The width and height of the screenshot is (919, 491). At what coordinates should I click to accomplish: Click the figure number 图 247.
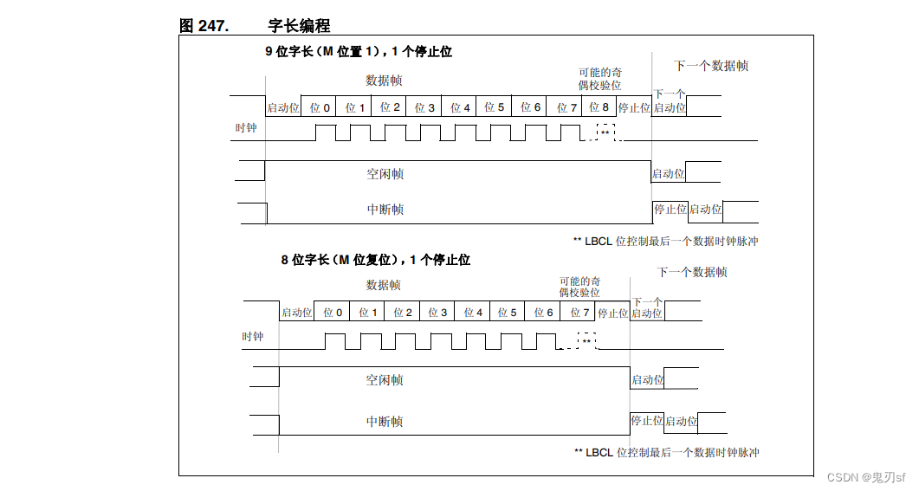(204, 26)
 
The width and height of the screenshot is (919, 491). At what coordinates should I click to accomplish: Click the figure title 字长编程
(299, 26)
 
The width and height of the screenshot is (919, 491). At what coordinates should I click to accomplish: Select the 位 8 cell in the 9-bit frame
(599, 107)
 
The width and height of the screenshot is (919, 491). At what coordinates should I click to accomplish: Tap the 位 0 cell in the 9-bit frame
(320, 107)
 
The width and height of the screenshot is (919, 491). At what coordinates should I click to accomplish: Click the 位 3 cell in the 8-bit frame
(438, 313)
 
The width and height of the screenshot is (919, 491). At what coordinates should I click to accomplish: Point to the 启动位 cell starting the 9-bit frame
(283, 107)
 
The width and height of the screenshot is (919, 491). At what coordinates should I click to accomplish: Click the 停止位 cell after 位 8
(634, 107)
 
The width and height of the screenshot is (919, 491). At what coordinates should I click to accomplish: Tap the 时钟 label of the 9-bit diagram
(246, 129)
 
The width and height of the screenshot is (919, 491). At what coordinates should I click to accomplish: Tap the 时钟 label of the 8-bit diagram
(252, 336)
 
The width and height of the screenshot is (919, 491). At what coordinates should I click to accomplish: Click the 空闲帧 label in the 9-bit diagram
(385, 174)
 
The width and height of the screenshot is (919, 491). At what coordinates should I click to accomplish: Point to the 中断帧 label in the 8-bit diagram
(385, 422)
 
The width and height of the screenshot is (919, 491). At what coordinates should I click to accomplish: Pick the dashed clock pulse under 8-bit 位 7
(586, 341)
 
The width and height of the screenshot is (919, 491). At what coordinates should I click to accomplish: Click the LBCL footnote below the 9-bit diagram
(665, 242)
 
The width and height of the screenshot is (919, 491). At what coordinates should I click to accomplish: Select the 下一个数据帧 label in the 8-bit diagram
(692, 272)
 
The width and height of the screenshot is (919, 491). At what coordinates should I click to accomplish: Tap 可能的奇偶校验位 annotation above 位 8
(600, 79)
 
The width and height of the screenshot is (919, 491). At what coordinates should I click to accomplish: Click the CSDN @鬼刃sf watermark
(865, 478)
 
